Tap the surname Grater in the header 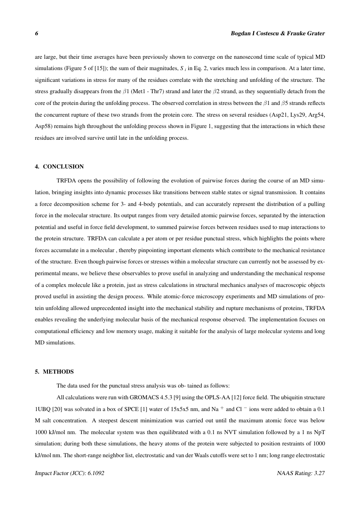tap(315, 34)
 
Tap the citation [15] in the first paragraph tap(115, 69)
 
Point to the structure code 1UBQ tap(43, 410)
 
